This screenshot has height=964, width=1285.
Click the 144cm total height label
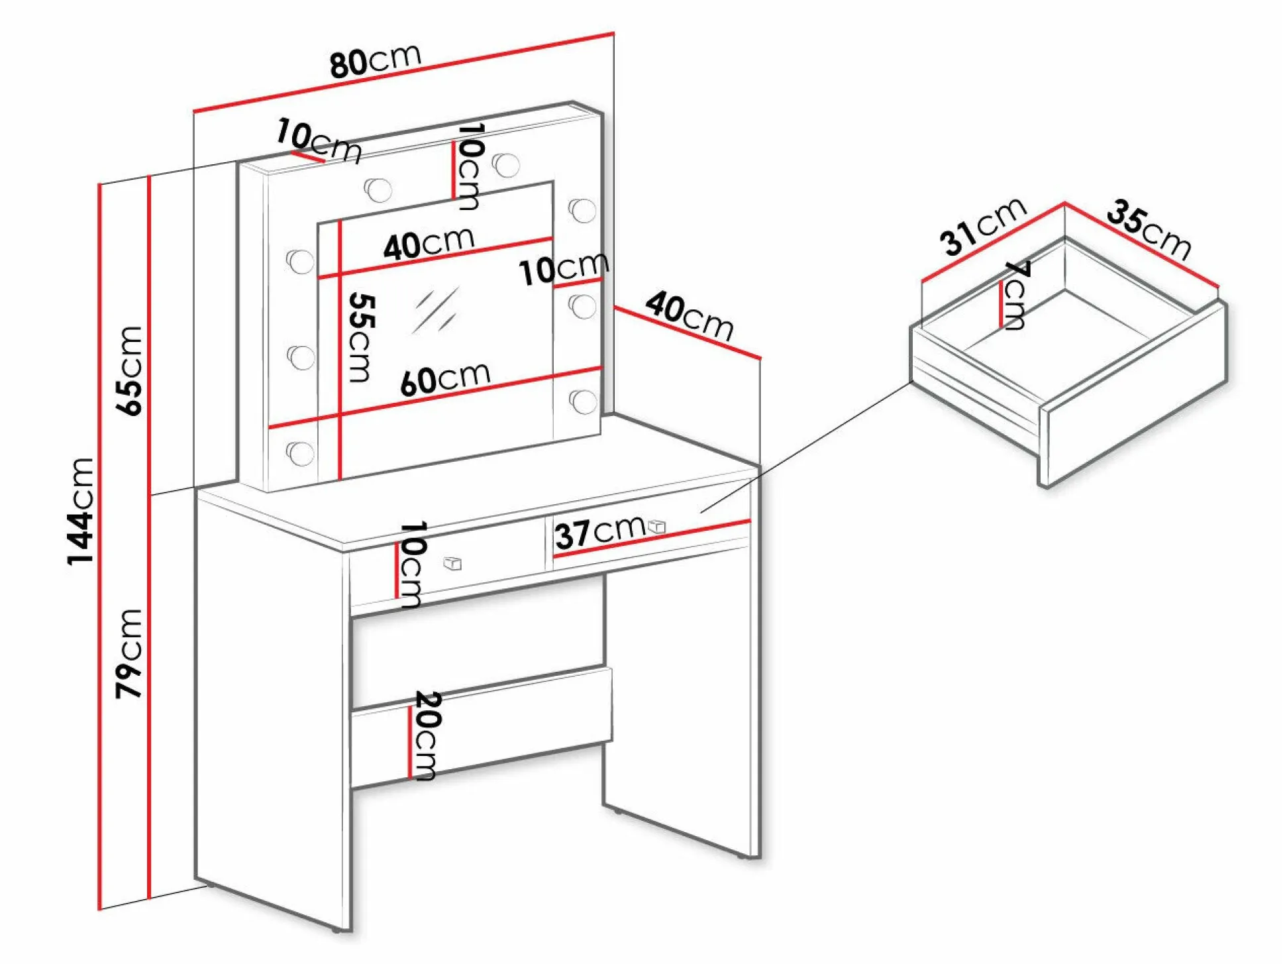[x=81, y=511]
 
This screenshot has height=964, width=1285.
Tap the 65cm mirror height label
[x=129, y=371]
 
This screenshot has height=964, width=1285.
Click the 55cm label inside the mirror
[x=361, y=338]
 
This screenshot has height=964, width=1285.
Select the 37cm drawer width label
[x=600, y=531]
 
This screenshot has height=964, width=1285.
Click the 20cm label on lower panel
[x=427, y=736]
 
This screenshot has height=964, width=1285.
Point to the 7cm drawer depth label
[x=1016, y=295]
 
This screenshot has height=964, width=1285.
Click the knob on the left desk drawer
[x=452, y=564]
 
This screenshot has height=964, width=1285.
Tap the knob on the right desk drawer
[x=656, y=526]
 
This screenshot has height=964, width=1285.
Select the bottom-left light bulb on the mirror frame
[x=301, y=453]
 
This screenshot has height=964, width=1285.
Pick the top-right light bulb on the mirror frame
[x=507, y=165]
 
